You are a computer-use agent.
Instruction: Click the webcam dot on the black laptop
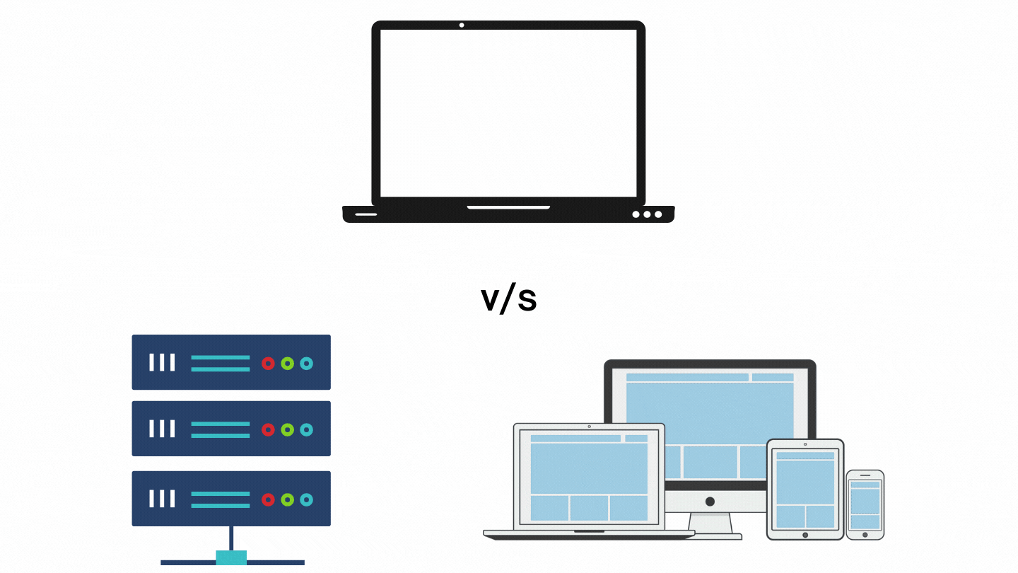point(462,25)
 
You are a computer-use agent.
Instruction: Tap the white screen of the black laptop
point(508,113)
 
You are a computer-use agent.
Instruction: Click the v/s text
point(509,300)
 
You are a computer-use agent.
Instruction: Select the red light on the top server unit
point(268,364)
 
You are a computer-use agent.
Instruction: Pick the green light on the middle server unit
point(287,429)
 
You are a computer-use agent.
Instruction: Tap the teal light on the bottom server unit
point(306,499)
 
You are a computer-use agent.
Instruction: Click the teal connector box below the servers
point(231,557)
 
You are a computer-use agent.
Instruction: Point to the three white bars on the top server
point(162,363)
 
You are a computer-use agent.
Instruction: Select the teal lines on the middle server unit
point(221,429)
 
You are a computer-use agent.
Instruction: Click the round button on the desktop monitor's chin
point(710,502)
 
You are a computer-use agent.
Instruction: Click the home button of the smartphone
point(865,535)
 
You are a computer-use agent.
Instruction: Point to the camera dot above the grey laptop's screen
point(590,427)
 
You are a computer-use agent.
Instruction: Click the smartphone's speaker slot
point(865,475)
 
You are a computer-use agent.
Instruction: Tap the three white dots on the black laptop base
point(647,214)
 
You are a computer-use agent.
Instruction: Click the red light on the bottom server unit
point(268,499)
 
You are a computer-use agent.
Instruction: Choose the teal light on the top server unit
point(306,364)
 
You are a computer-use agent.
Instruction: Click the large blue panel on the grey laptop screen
point(589,468)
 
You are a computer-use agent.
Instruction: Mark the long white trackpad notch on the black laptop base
point(508,208)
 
